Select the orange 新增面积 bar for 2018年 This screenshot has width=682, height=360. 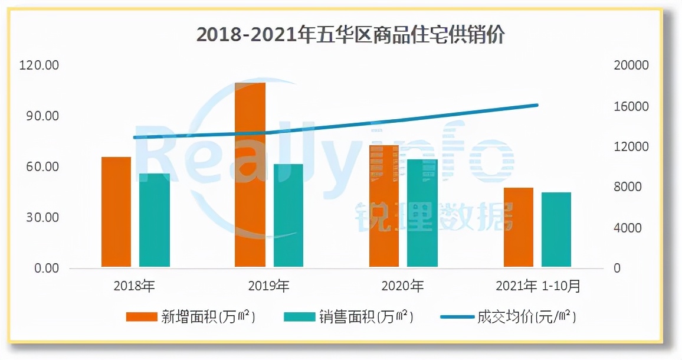pyautogui.click(x=116, y=212)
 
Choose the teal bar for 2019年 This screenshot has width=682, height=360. pyautogui.click(x=288, y=216)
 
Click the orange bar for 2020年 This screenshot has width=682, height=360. pyautogui.click(x=384, y=206)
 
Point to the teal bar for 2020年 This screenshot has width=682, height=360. pyautogui.click(x=422, y=213)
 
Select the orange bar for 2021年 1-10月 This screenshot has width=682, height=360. pyautogui.click(x=519, y=228)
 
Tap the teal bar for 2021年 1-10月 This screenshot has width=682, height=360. pyautogui.click(x=556, y=230)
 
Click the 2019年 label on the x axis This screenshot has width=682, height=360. pyautogui.click(x=268, y=287)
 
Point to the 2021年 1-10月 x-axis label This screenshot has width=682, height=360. pyautogui.click(x=538, y=287)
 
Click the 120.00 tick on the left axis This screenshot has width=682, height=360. pyautogui.click(x=40, y=66)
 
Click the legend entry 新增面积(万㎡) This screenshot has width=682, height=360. pyautogui.click(x=191, y=317)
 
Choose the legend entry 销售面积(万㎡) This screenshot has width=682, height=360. pyautogui.click(x=349, y=317)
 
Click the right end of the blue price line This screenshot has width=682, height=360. pyautogui.click(x=537, y=105)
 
